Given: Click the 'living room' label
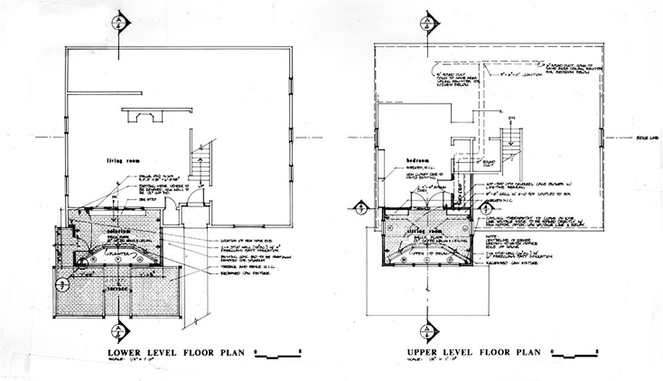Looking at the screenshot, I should pyautogui.click(x=125, y=161).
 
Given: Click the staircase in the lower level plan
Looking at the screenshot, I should pyautogui.click(x=200, y=162).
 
